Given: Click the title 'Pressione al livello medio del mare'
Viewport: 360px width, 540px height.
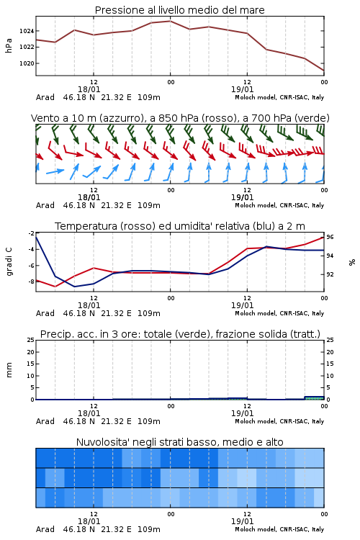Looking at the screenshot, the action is [179, 10].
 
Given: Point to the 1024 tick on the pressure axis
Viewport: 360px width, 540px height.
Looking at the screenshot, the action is [27, 31].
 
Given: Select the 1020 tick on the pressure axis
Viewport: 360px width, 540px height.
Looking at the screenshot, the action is [27, 63].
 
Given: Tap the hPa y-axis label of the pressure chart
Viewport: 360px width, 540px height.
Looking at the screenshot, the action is [9, 45].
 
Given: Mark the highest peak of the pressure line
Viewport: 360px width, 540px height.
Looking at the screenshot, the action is [170, 21].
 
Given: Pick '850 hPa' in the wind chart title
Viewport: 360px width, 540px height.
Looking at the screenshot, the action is [174, 118].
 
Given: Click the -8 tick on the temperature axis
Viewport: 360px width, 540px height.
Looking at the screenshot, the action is [31, 282].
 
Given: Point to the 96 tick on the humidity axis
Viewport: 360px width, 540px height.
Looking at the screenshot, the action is [330, 237].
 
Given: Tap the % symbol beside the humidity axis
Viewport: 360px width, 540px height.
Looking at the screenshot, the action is [352, 262].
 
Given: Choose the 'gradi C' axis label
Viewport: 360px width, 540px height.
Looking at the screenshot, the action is [9, 261].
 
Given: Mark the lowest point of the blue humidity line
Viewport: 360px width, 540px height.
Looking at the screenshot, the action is [74, 287].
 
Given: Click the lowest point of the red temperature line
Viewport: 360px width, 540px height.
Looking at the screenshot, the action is [55, 287].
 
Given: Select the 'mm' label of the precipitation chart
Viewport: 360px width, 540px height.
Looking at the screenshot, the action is [9, 370].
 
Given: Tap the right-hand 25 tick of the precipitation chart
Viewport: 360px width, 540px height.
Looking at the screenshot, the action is [330, 340].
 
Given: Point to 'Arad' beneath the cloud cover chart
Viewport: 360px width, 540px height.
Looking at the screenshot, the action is [45, 529].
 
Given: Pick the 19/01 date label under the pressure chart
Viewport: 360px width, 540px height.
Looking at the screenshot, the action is [242, 89].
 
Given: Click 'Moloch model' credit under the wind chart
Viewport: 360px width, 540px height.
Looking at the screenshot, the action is [256, 205].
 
